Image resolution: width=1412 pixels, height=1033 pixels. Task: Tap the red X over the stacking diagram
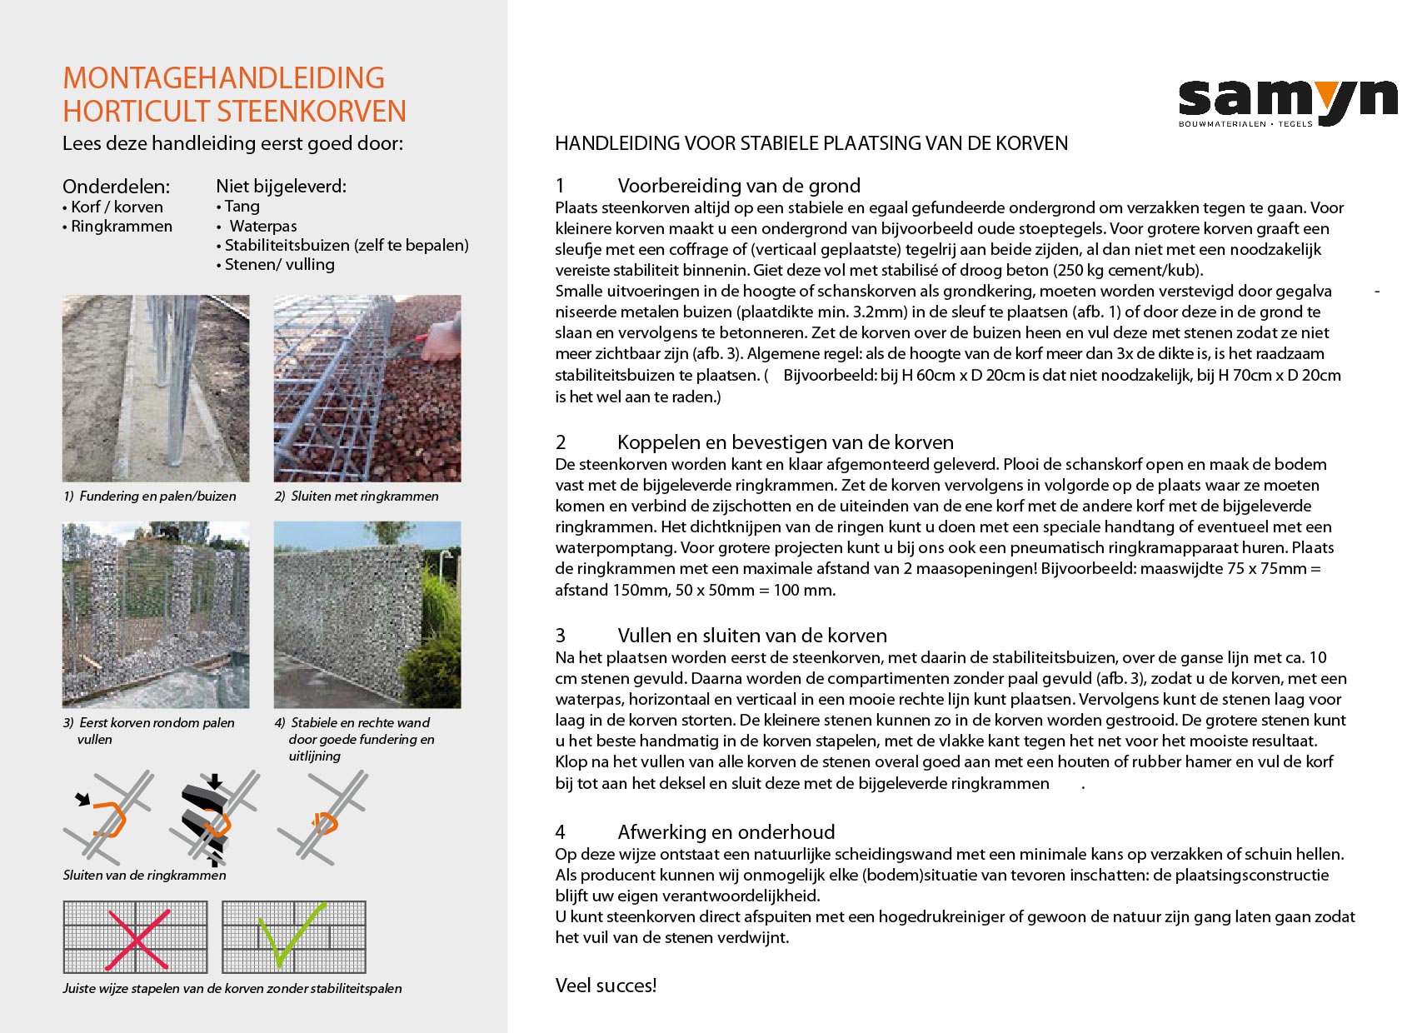click(x=137, y=939)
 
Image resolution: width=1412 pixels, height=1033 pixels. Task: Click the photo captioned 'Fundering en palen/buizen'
click(x=156, y=388)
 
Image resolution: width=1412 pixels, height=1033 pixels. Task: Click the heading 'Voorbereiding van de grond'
click(x=738, y=186)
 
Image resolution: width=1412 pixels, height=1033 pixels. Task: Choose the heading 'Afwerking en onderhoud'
click(x=726, y=831)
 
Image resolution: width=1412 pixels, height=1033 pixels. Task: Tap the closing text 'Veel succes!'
click(x=606, y=986)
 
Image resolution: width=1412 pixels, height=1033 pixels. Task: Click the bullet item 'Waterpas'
click(x=262, y=226)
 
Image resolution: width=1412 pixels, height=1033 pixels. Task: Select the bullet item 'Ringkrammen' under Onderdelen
click(x=121, y=226)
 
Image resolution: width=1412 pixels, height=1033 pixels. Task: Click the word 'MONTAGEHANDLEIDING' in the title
click(x=223, y=78)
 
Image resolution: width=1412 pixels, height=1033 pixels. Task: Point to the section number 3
click(x=561, y=636)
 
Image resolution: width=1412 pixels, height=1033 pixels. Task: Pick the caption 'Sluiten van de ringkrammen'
click(x=144, y=875)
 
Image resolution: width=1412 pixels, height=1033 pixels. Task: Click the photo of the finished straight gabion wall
click(x=367, y=615)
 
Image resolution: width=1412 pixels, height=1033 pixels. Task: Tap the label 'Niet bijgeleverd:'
click(x=281, y=186)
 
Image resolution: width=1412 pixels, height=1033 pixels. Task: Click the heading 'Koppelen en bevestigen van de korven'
click(x=785, y=442)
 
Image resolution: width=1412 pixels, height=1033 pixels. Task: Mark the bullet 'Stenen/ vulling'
click(x=279, y=264)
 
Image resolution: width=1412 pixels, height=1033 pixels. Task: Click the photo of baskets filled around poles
click(x=156, y=615)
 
